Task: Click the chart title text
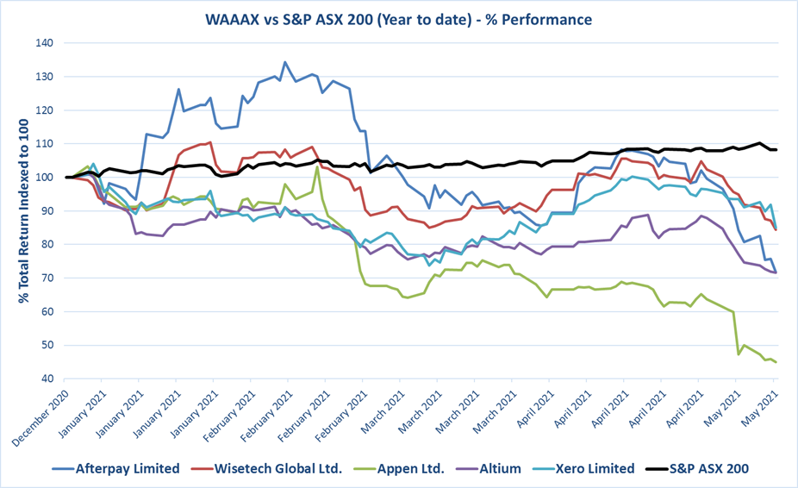tap(398, 18)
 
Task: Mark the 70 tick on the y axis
tap(43, 278)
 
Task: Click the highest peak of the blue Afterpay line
tap(284, 62)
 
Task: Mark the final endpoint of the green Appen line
tap(775, 362)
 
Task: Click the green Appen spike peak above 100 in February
tap(317, 167)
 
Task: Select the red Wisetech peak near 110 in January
tap(209, 142)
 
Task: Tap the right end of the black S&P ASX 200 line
tap(775, 150)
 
